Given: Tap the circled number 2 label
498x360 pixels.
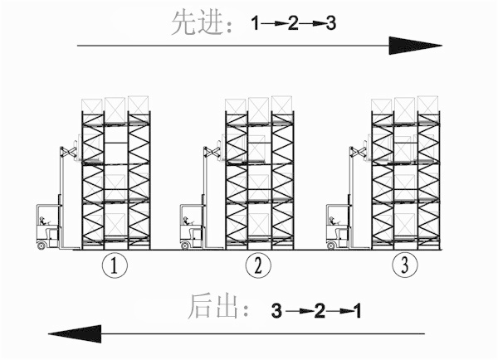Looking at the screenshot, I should [259, 266].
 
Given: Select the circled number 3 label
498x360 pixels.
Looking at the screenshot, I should [404, 266].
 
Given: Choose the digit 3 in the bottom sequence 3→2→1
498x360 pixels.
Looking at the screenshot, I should [276, 312].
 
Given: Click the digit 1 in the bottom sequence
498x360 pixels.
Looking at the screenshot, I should [357, 312].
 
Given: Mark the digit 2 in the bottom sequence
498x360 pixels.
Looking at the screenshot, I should [319, 312].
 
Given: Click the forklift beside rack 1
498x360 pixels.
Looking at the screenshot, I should [48, 224].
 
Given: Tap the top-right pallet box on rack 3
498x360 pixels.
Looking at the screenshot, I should [427, 105].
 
